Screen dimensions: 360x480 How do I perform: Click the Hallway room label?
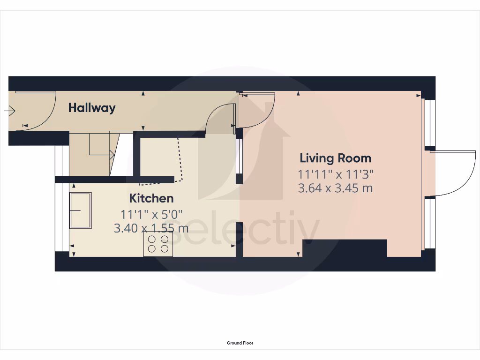[x=92, y=108]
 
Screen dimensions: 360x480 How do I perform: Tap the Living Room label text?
[x=335, y=158]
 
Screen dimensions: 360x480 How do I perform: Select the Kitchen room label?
[x=151, y=198]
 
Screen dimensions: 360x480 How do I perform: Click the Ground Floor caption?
[x=240, y=343]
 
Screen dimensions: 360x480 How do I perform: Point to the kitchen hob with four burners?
[x=158, y=244]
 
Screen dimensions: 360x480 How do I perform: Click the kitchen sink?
[x=81, y=210]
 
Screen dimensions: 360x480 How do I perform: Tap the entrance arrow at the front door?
[x=9, y=111]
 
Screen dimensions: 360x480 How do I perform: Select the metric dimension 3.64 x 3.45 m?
[x=335, y=188]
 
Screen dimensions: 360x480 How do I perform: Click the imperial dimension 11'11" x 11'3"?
[x=335, y=174]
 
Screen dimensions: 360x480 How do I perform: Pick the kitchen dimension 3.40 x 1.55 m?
[x=151, y=229]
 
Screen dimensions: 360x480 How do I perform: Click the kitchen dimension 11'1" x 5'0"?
[x=151, y=215]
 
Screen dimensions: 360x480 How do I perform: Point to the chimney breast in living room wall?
[x=345, y=248]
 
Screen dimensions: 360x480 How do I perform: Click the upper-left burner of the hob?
[x=152, y=239]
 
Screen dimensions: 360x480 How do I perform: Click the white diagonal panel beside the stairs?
[x=121, y=155]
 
